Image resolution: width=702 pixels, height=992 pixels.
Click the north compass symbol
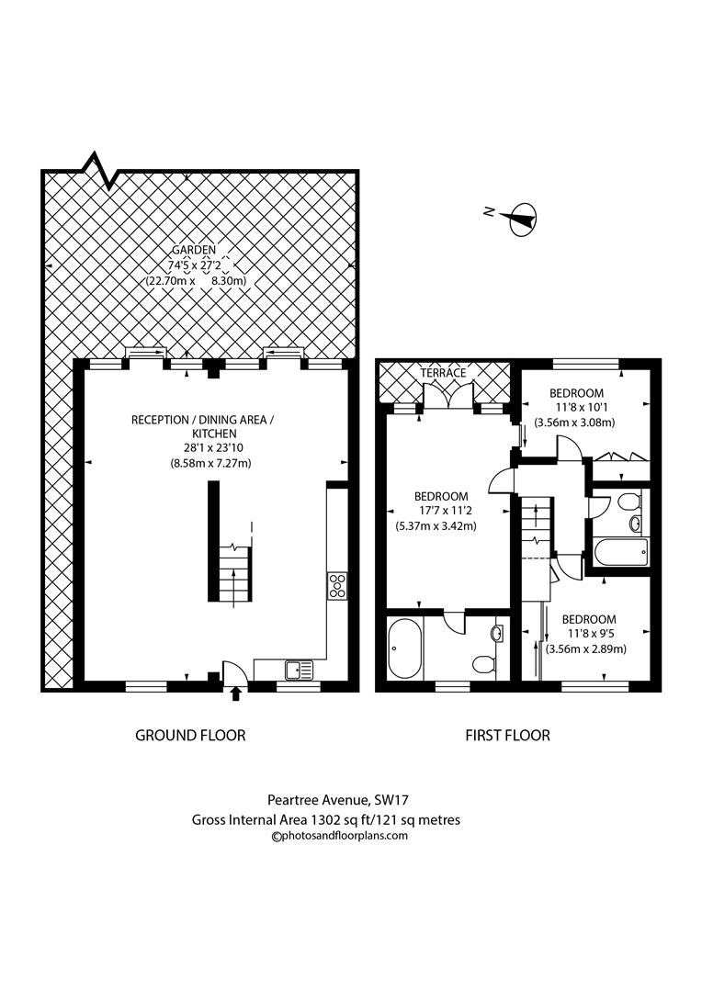[521, 217]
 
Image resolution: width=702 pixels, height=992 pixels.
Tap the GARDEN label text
[193, 250]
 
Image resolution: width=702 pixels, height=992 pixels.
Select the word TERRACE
[444, 374]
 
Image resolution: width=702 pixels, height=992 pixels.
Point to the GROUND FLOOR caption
[190, 735]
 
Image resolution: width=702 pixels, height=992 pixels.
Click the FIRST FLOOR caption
[507, 735]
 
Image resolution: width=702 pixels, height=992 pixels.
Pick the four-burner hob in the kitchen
[337, 585]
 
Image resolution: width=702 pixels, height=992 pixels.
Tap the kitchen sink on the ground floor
[299, 671]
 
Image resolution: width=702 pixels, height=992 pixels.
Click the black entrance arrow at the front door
[236, 693]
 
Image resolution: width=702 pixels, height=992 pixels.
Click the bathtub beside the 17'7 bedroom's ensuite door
[404, 648]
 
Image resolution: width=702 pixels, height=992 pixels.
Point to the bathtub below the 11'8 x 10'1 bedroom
[621, 554]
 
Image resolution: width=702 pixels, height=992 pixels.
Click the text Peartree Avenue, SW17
[325, 800]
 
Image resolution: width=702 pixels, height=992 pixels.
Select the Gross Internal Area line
[325, 819]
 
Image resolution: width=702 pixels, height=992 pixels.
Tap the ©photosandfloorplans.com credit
[339, 836]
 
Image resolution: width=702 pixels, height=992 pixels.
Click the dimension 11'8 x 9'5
[589, 634]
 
